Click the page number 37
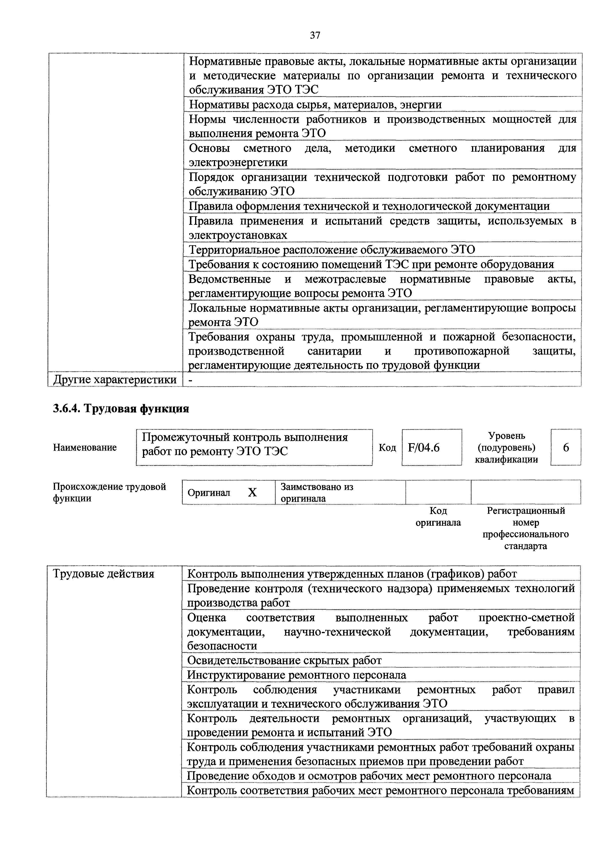coord(315,35)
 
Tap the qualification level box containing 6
coord(566,448)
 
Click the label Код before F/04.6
coord(387,448)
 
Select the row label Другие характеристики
coord(115,380)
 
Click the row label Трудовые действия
coord(104,574)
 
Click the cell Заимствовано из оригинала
coord(317,492)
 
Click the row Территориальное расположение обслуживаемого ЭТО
coord(332,250)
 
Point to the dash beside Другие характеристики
coord(191,380)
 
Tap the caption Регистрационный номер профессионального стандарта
coord(526,528)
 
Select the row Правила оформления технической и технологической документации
coord(369,206)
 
